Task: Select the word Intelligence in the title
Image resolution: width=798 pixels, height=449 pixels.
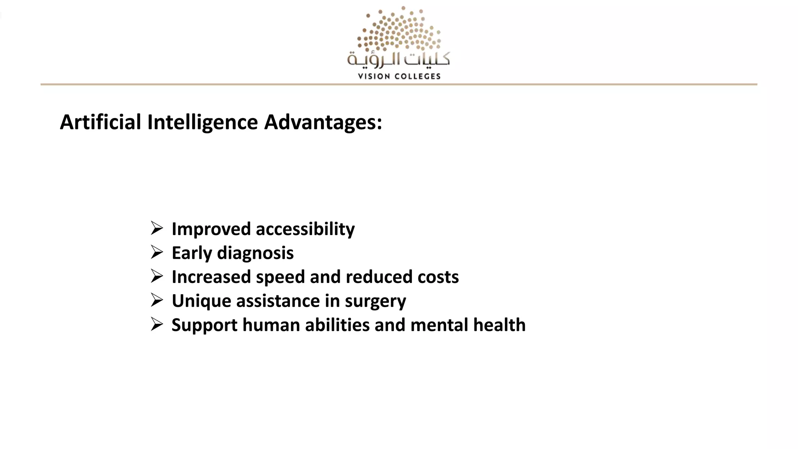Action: [203, 122]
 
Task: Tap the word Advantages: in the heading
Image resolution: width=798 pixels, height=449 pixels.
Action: [323, 122]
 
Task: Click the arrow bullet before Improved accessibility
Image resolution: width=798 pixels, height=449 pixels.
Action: [157, 228]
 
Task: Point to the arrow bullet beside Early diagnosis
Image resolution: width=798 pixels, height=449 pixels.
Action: [157, 252]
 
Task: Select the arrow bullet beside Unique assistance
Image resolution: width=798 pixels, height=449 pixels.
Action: [157, 300]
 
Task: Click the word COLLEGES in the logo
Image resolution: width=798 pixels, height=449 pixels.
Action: [417, 76]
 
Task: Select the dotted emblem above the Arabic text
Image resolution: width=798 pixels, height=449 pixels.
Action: [399, 30]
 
